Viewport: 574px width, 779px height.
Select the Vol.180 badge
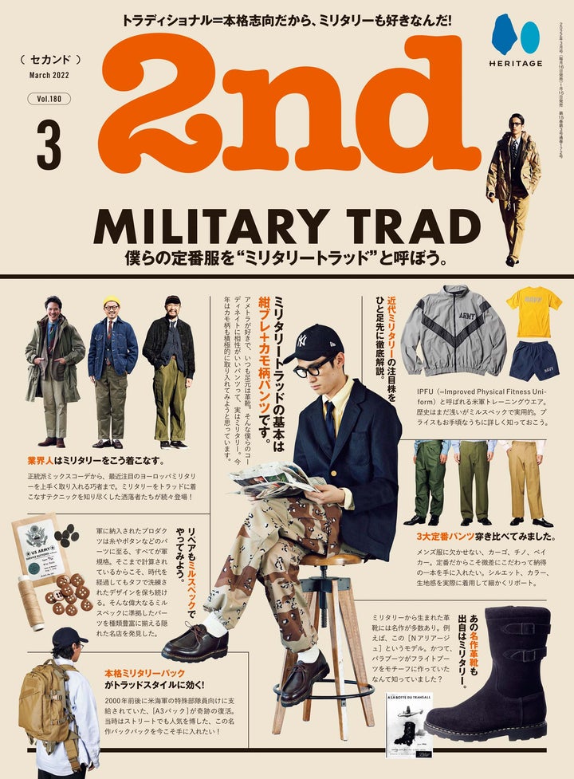[53, 99]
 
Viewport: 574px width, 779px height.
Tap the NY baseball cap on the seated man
[313, 343]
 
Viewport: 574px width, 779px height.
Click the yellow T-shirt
[533, 311]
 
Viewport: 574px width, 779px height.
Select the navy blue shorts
[534, 360]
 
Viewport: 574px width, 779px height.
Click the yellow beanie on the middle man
[112, 301]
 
